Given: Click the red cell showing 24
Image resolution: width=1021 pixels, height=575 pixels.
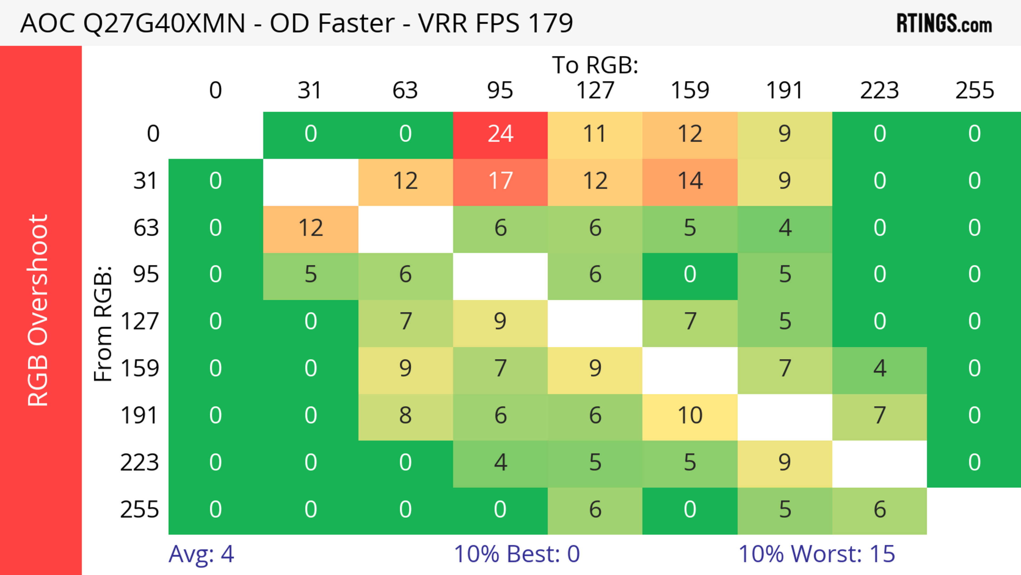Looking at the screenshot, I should click(x=500, y=134).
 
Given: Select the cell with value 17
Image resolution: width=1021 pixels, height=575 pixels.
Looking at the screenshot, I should click(x=500, y=181).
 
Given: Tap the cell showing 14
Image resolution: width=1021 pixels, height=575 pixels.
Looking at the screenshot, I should click(x=690, y=181).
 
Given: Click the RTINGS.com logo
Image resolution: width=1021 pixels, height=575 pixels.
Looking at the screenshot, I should click(x=944, y=23).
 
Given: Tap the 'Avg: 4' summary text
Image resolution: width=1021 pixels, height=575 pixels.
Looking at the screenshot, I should click(x=201, y=554).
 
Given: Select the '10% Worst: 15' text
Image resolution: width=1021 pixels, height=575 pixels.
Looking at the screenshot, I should click(x=817, y=554).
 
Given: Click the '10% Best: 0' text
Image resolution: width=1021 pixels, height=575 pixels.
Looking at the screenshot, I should click(x=516, y=554).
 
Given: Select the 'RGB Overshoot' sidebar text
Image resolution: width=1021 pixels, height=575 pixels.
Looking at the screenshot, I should click(x=38, y=310).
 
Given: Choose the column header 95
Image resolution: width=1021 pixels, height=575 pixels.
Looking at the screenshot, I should click(x=500, y=90).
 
